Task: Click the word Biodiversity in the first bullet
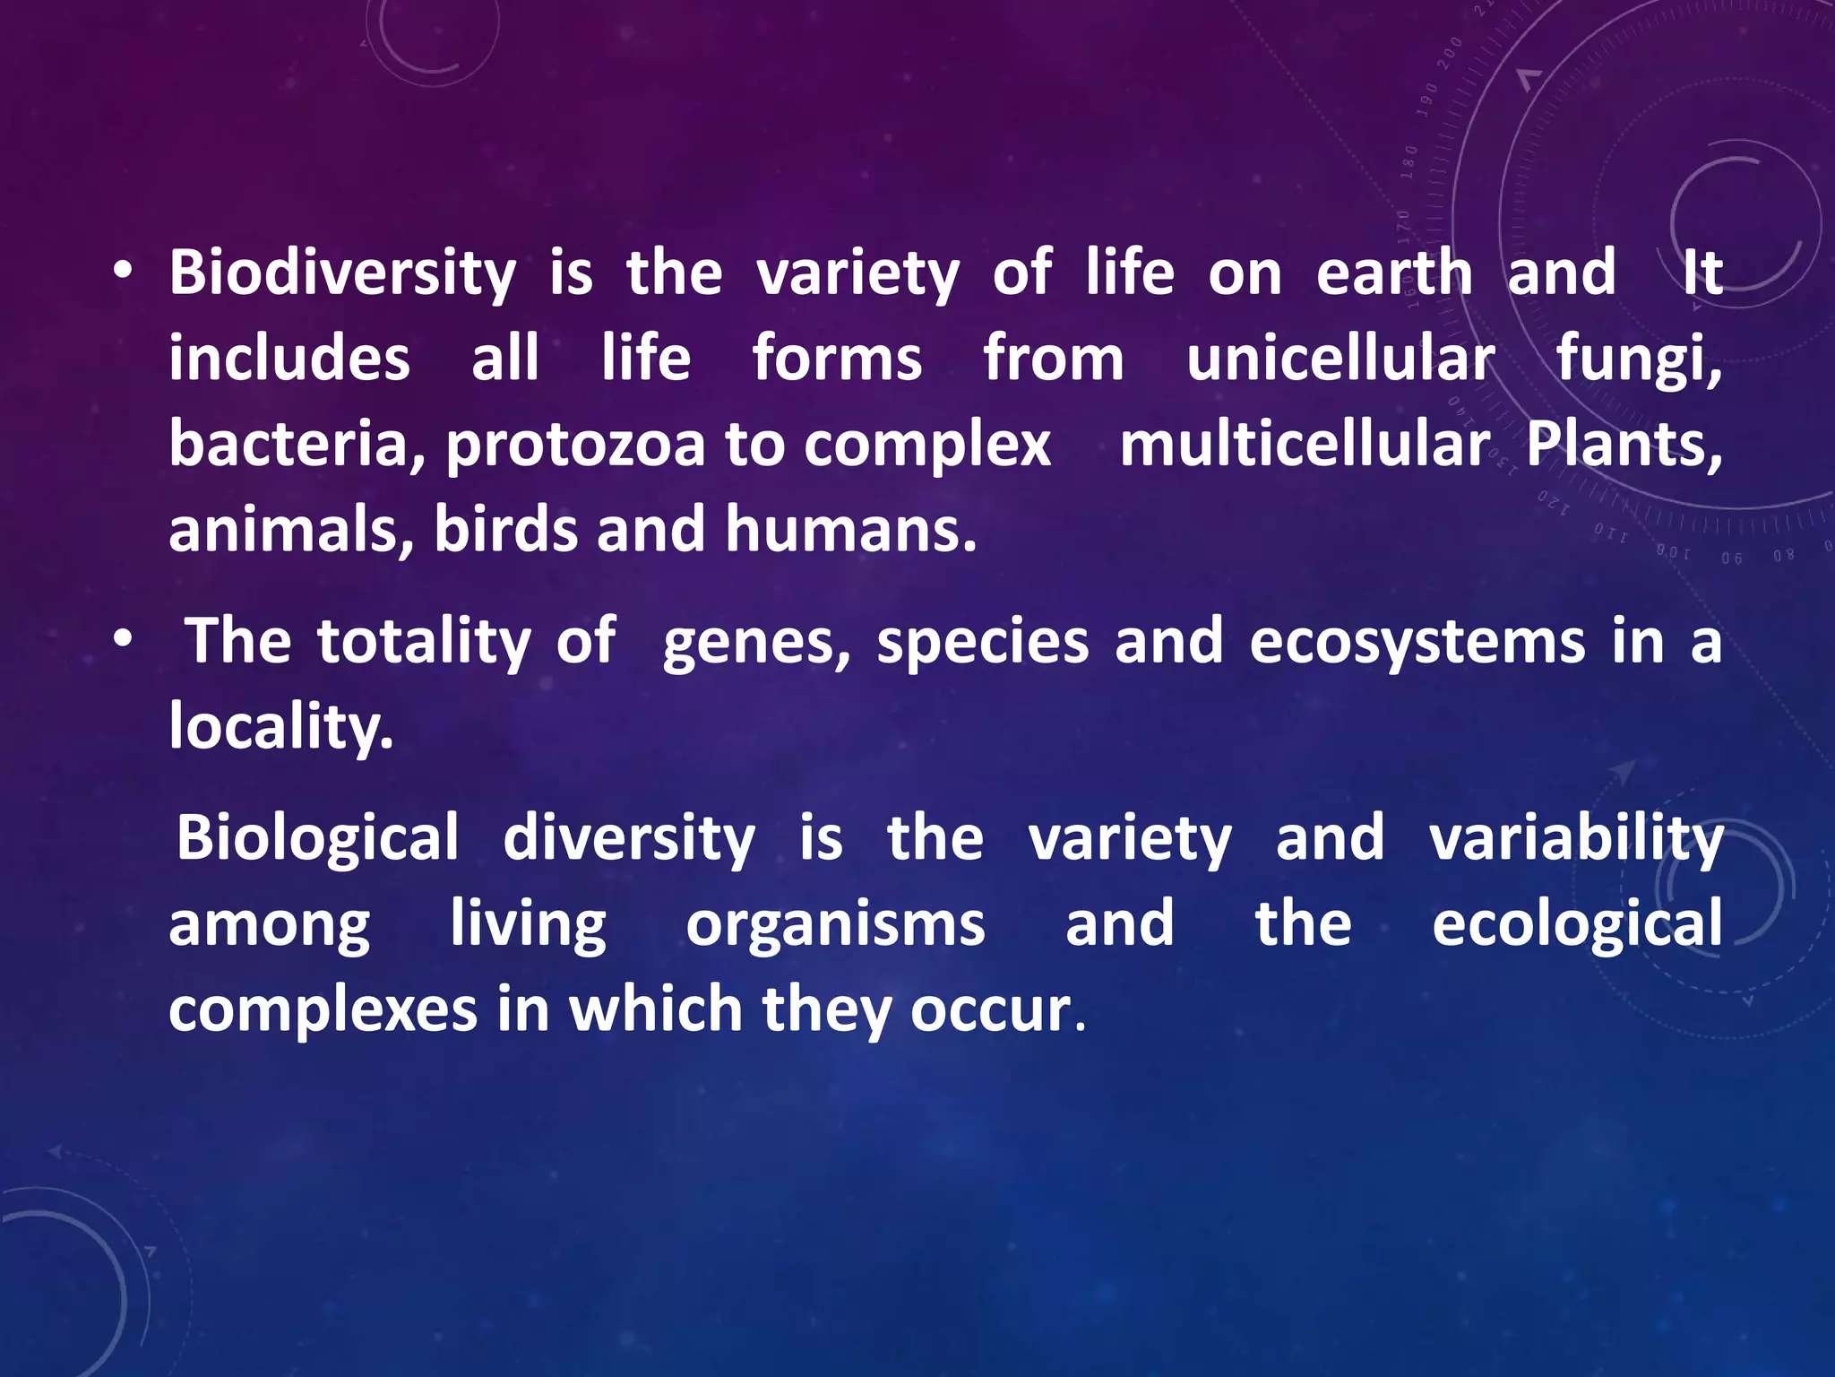[x=342, y=273]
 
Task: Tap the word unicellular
[x=1340, y=359]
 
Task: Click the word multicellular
[x=1305, y=444]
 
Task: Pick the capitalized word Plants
[x=1623, y=444]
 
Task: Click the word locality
[x=280, y=727]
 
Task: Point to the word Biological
[x=317, y=839]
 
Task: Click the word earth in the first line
[x=1394, y=273]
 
